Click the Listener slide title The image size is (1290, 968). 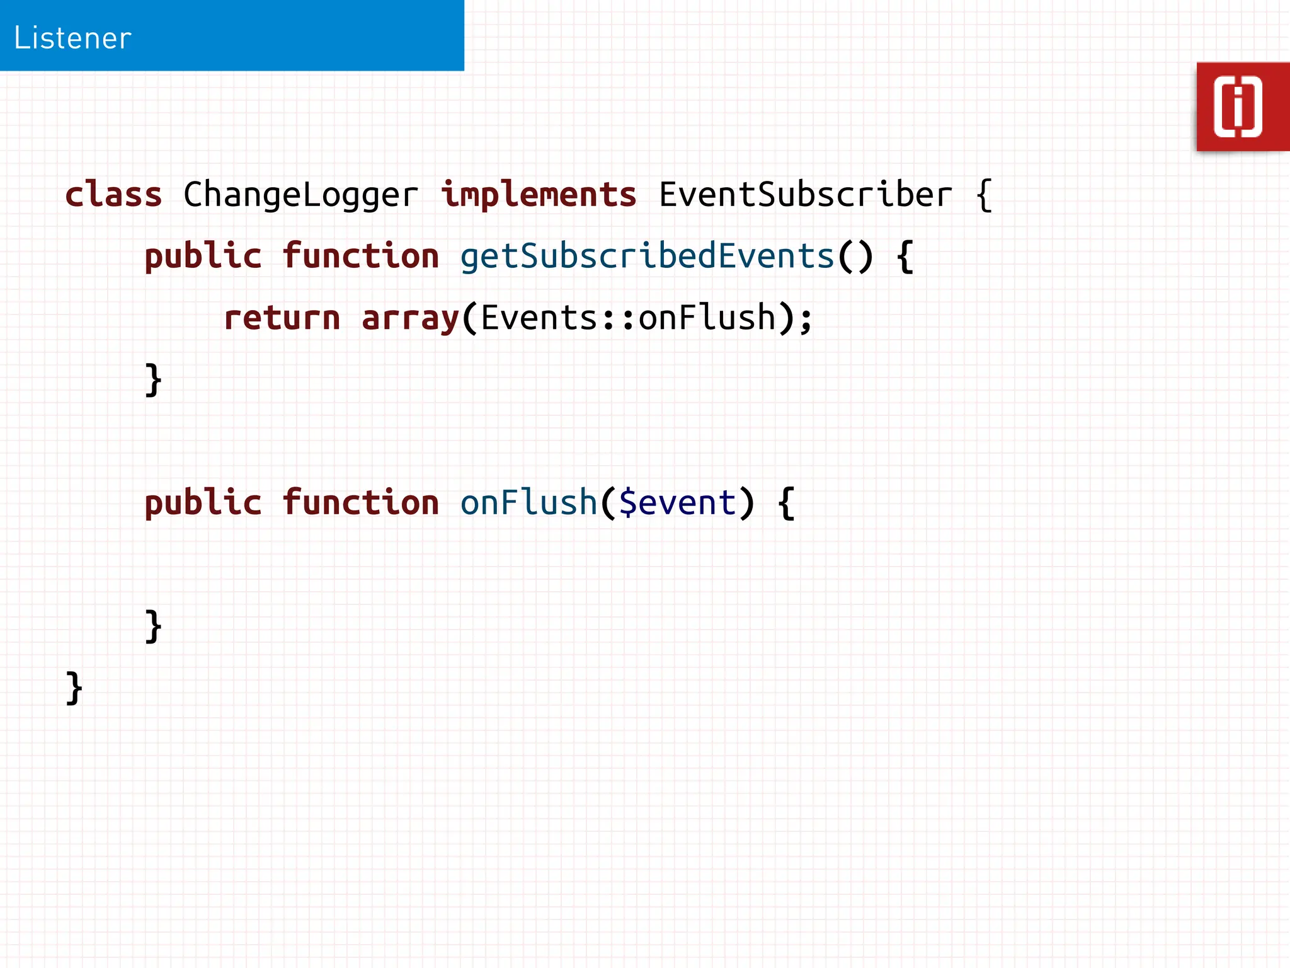click(x=72, y=38)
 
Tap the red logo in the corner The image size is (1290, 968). click(x=1241, y=107)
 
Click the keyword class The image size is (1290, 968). click(x=113, y=194)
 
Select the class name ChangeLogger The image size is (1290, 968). click(x=300, y=194)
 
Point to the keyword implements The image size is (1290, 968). click(x=539, y=194)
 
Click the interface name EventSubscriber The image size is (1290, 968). click(x=805, y=194)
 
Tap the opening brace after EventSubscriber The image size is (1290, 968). click(x=983, y=195)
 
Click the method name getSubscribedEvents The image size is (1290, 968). click(x=647, y=256)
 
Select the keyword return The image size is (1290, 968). click(x=282, y=318)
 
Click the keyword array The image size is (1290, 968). click(x=410, y=318)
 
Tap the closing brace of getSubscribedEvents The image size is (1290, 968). click(x=153, y=380)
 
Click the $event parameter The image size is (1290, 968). click(x=677, y=503)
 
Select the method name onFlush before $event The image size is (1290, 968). click(x=528, y=503)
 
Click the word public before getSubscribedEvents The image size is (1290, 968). click(x=203, y=256)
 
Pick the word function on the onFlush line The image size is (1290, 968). click(x=360, y=503)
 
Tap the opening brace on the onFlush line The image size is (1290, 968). click(x=786, y=504)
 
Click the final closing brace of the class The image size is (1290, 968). click(x=74, y=688)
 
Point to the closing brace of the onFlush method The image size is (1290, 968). click(x=153, y=626)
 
